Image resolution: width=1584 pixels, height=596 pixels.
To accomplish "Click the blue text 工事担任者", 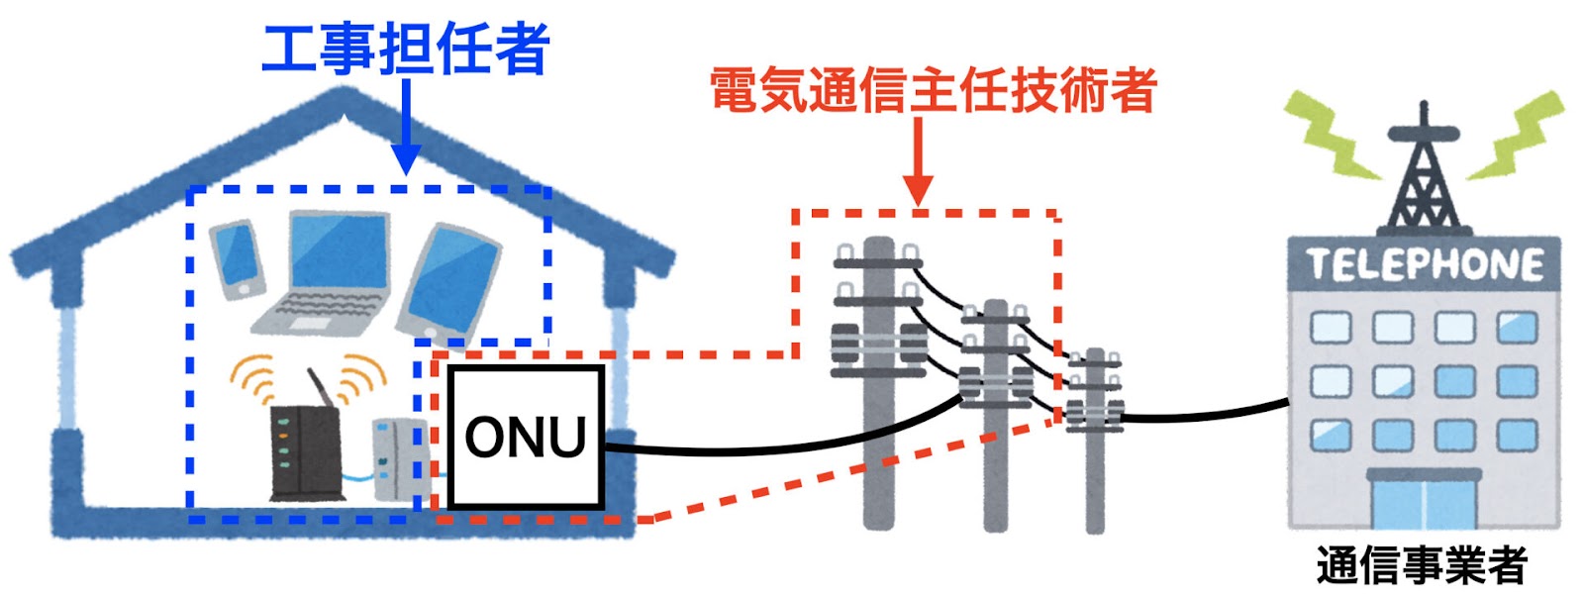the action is pyautogui.click(x=405, y=49).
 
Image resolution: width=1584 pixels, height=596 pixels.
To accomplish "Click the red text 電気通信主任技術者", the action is pyautogui.click(x=934, y=90).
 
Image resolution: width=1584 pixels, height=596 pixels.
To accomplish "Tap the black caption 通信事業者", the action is pyautogui.click(x=1422, y=565).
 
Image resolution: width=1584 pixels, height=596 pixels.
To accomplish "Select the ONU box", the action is pyautogui.click(x=526, y=437).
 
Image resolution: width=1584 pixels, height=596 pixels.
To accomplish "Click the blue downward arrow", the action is pyautogui.click(x=406, y=127).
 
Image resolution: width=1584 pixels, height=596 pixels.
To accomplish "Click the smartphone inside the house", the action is pyautogui.click(x=238, y=258).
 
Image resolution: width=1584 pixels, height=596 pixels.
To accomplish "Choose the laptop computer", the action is pyautogui.click(x=323, y=273).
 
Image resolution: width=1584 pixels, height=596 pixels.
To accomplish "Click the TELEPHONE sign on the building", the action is pyautogui.click(x=1424, y=264).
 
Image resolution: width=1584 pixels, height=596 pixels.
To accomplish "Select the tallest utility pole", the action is pyautogui.click(x=879, y=382).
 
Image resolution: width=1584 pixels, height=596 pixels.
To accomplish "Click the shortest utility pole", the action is pyautogui.click(x=1095, y=440).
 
